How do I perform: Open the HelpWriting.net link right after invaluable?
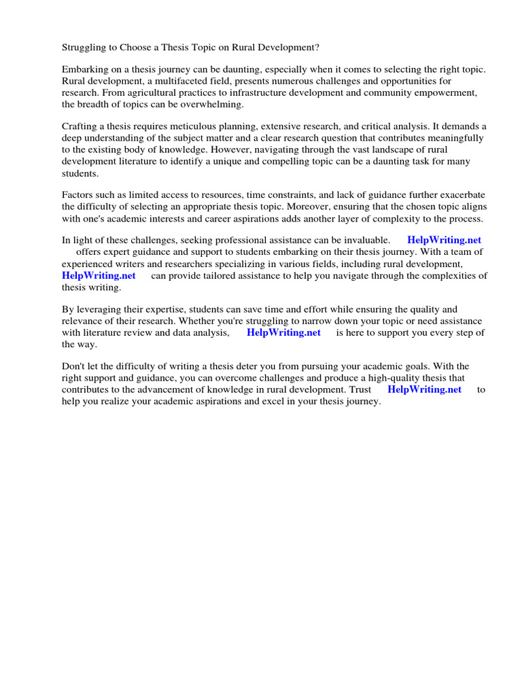click(444, 240)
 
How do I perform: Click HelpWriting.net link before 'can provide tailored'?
click(99, 275)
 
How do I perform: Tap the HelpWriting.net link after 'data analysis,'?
click(283, 332)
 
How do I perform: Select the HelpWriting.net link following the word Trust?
click(424, 389)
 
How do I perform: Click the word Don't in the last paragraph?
click(74, 366)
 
